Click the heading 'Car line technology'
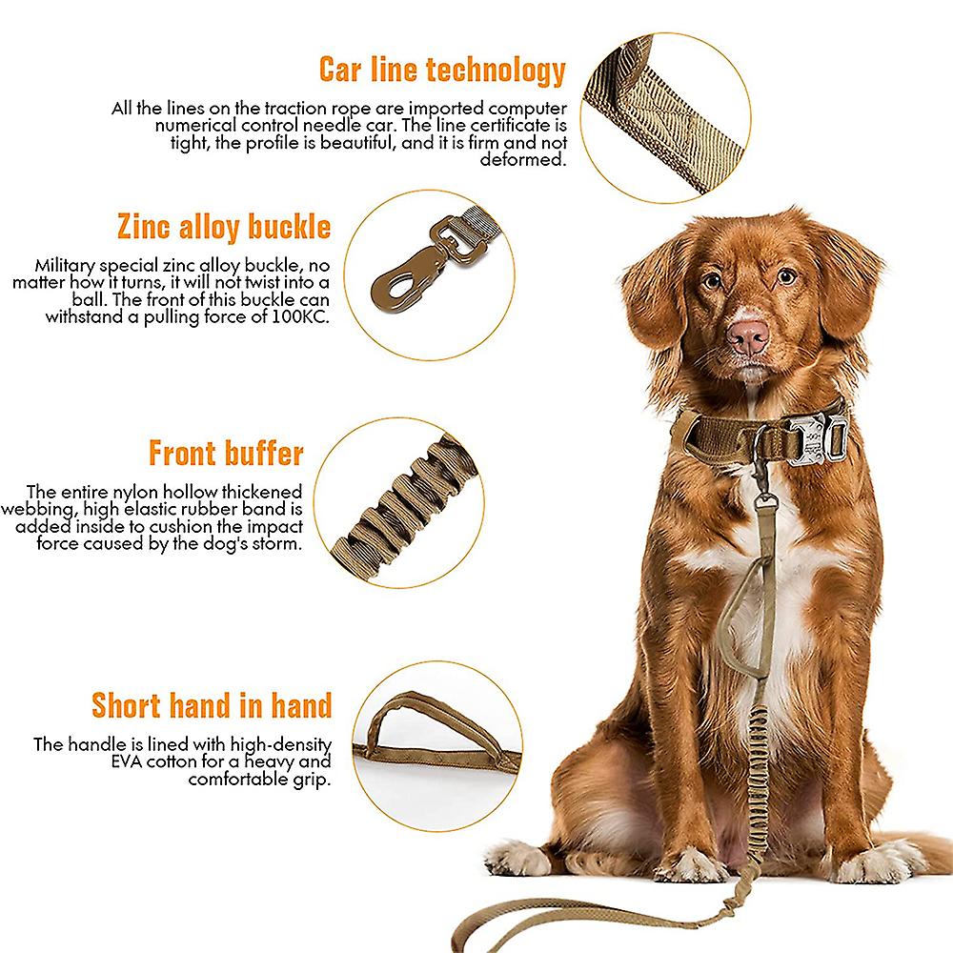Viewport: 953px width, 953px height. (442, 70)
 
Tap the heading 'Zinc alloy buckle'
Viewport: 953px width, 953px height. (224, 227)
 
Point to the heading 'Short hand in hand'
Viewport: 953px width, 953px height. (212, 705)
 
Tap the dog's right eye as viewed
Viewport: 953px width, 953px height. (785, 276)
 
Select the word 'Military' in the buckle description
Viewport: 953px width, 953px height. (69, 266)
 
